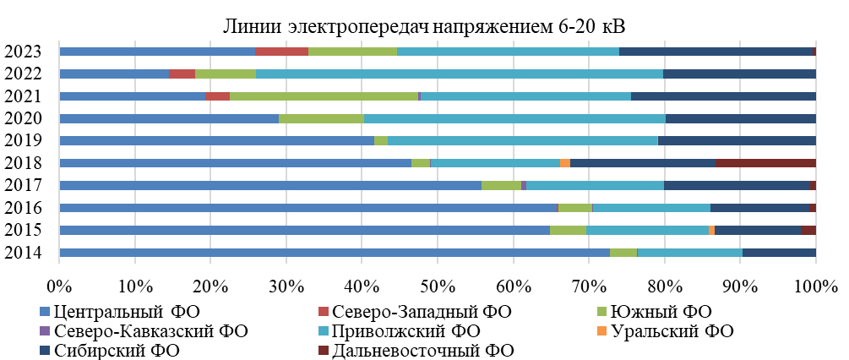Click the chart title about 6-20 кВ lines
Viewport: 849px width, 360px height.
(x=425, y=26)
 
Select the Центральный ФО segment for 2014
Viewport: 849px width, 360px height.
(x=335, y=252)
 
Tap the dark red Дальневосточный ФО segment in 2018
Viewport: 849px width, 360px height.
(x=765, y=162)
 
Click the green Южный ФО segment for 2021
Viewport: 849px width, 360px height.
(x=324, y=96)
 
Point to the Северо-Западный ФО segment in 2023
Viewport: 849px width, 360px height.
(x=281, y=52)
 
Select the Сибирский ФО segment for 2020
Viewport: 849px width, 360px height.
(x=740, y=118)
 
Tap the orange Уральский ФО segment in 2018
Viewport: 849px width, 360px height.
(x=565, y=162)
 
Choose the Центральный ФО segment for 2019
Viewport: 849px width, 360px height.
(x=216, y=140)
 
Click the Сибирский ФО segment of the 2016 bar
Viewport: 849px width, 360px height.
(x=759, y=207)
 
